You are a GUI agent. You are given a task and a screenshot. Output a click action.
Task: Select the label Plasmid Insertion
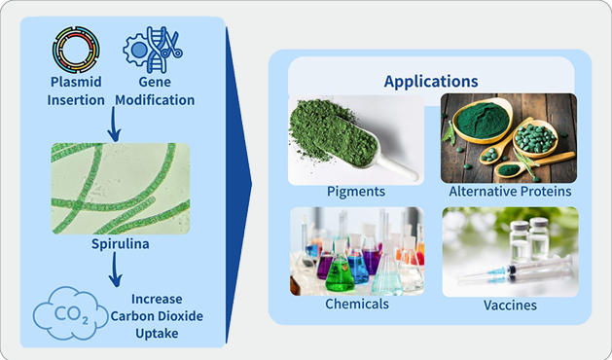point(75,90)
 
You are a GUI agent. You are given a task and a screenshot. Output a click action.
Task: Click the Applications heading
point(430,82)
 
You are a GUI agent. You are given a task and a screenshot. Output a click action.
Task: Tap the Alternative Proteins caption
point(509,193)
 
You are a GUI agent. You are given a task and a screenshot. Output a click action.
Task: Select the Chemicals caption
point(356,304)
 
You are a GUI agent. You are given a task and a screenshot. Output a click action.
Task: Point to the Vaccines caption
point(510,305)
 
